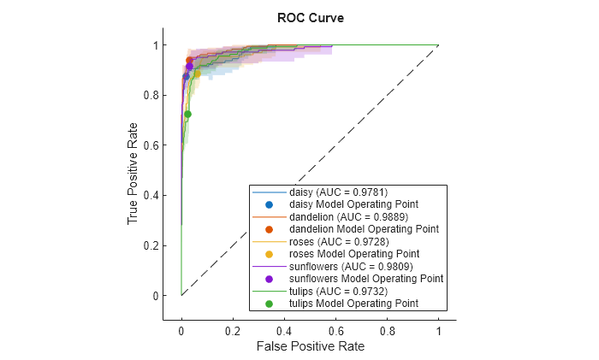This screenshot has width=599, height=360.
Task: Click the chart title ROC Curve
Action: click(x=309, y=17)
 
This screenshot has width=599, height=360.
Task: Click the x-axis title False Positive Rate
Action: click(x=309, y=346)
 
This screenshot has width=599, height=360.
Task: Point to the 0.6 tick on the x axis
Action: click(x=335, y=328)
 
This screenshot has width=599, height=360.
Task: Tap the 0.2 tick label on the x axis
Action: click(x=233, y=328)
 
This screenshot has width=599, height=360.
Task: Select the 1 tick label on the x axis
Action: click(x=438, y=328)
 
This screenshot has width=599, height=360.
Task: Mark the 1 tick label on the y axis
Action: click(x=156, y=44)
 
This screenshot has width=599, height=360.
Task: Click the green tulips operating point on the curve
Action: click(x=187, y=114)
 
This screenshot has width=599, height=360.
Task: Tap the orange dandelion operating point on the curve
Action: click(x=190, y=61)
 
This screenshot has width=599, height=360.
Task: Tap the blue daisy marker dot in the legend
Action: click(x=269, y=204)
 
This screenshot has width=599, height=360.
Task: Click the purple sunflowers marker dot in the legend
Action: click(x=269, y=279)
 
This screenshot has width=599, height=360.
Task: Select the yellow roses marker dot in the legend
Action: click(x=269, y=254)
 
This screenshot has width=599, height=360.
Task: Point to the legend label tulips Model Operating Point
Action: click(x=353, y=304)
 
